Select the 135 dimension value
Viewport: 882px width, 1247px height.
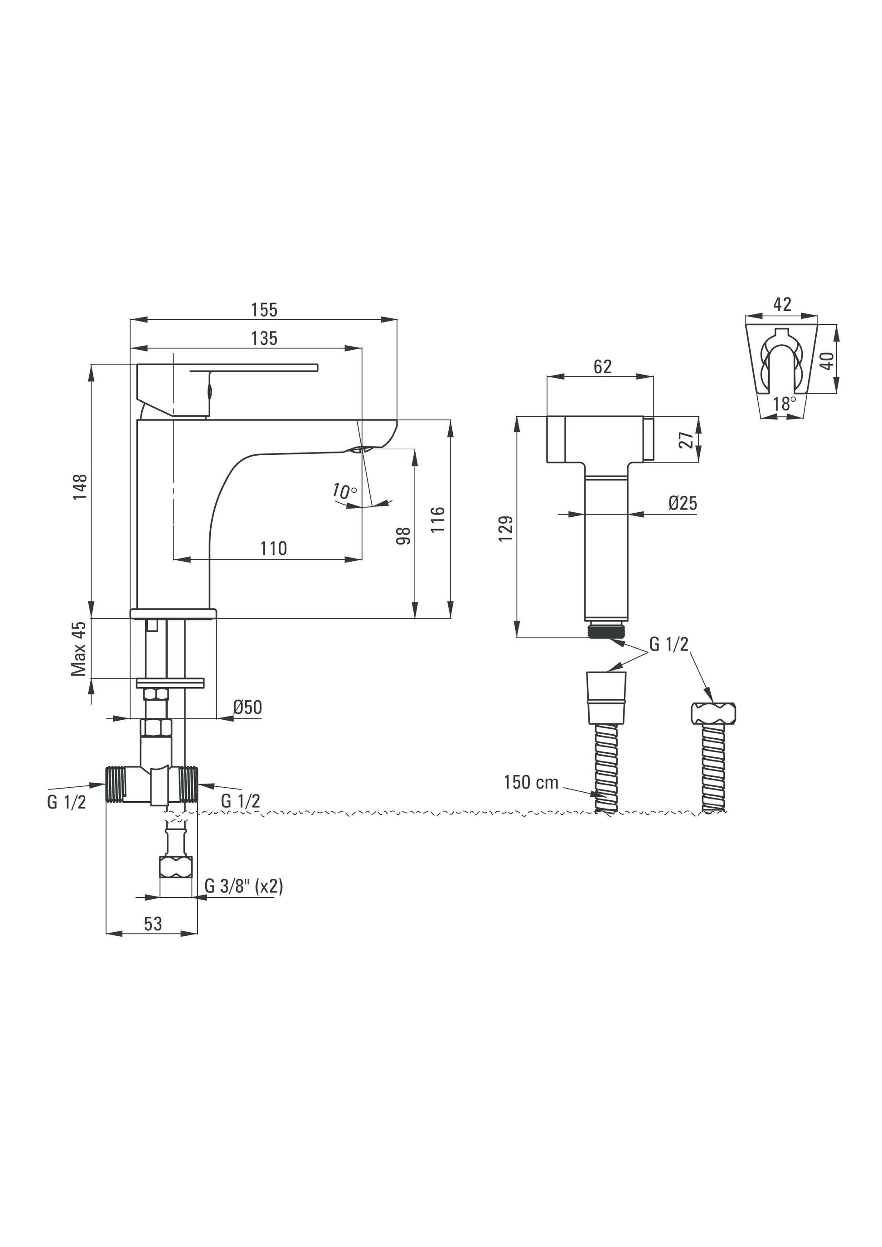pyautogui.click(x=264, y=338)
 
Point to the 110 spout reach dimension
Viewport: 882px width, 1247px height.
pyautogui.click(x=273, y=549)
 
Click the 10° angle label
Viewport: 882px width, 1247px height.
pyautogui.click(x=344, y=491)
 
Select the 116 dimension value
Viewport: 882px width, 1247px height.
pyautogui.click(x=439, y=520)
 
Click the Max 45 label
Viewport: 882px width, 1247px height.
pyautogui.click(x=79, y=649)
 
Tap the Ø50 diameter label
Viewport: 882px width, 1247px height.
pyautogui.click(x=248, y=707)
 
